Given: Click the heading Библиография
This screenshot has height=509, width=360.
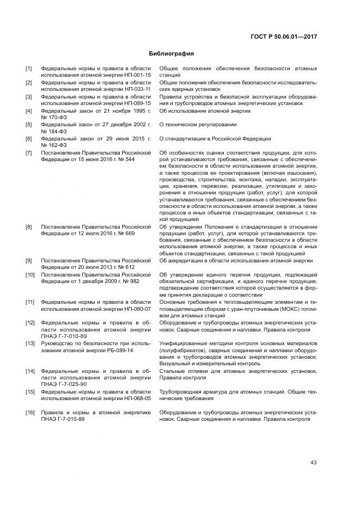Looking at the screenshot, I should pos(172,54).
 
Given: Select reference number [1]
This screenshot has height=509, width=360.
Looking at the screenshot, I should pos(29,69).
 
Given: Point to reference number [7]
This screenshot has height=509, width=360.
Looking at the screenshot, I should pos(29,153).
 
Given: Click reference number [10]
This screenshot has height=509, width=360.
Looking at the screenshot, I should pos(30,274).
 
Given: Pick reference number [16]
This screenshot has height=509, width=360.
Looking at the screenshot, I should pos(30,413).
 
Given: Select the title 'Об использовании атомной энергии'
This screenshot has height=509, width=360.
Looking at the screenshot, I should pos(205,111).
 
